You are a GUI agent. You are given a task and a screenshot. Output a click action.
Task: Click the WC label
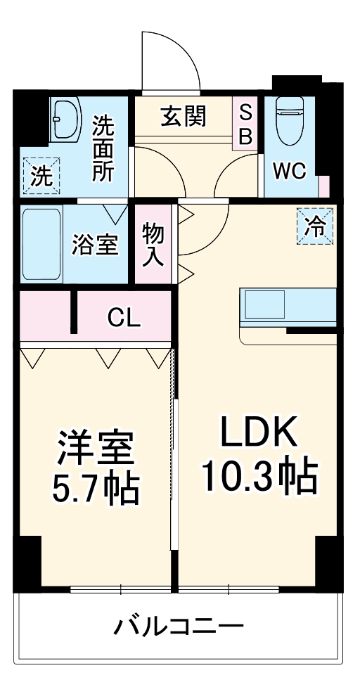click(x=289, y=172)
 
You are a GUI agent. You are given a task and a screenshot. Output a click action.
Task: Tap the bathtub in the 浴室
click(x=42, y=243)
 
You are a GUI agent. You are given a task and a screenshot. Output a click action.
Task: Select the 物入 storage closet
click(x=153, y=243)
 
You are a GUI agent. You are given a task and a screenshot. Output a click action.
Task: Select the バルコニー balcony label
click(x=179, y=624)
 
